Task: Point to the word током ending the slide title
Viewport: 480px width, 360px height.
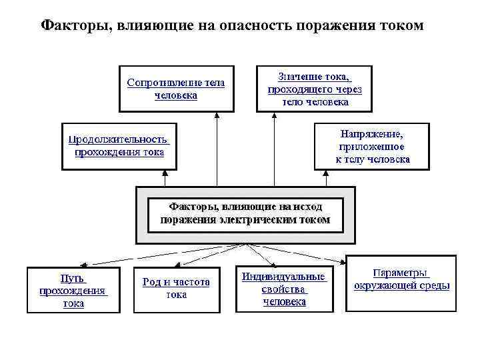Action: click(397, 25)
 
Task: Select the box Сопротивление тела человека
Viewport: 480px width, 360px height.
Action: click(176, 89)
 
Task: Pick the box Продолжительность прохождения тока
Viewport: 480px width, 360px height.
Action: click(119, 145)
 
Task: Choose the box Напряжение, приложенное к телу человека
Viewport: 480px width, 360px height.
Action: click(372, 146)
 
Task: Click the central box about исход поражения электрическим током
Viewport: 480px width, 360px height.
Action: click(245, 213)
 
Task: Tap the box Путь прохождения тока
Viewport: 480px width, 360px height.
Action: click(73, 289)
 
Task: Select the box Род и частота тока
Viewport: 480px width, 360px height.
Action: click(176, 289)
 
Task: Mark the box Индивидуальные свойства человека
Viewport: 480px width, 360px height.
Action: click(284, 289)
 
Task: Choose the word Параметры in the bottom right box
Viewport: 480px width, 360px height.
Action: click(401, 273)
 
